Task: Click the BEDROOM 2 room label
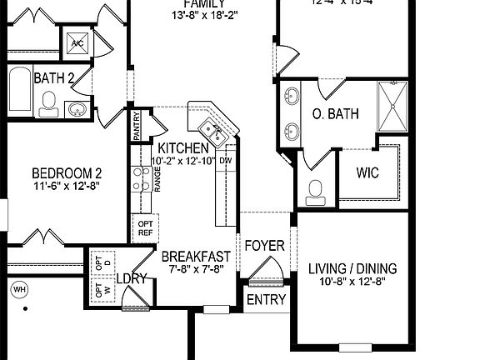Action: tap(67, 173)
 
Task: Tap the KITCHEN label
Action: tap(183, 148)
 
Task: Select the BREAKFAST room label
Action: tap(195, 257)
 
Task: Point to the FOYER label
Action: tap(264, 247)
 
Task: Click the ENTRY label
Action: tap(267, 300)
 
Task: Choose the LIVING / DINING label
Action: tap(352, 269)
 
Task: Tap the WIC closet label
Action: tap(367, 174)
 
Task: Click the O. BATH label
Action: tap(335, 114)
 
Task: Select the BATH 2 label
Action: tap(54, 78)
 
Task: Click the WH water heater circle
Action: tap(18, 290)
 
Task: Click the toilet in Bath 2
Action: tap(48, 103)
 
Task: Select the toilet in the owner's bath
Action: tap(316, 190)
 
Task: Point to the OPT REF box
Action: tap(145, 227)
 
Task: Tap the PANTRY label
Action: tap(137, 127)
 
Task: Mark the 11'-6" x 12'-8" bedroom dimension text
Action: tap(67, 187)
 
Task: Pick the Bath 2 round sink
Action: tap(77, 109)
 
